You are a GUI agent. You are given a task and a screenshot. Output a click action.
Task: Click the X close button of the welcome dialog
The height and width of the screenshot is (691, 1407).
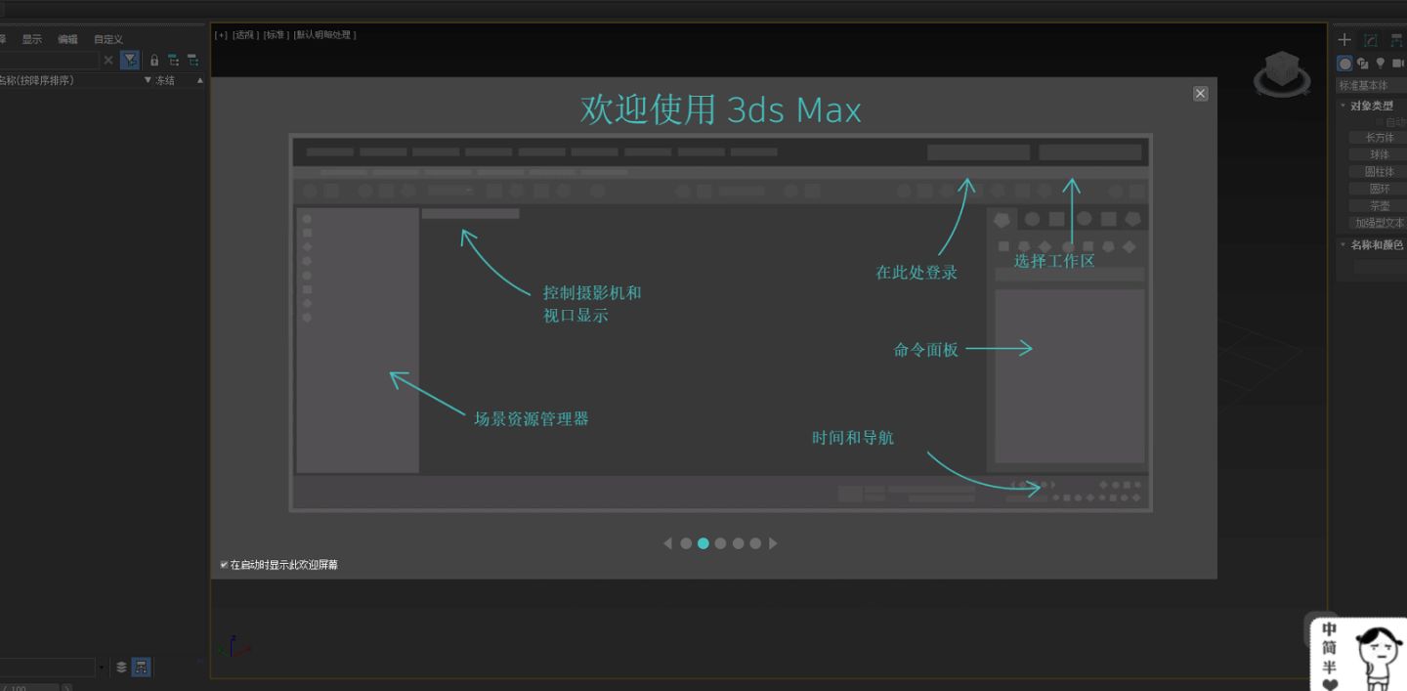tap(1200, 93)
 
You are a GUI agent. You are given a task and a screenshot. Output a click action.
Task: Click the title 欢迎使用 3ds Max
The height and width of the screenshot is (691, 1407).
tap(720, 109)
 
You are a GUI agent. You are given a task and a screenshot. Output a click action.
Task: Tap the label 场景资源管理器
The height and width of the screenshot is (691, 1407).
tap(531, 419)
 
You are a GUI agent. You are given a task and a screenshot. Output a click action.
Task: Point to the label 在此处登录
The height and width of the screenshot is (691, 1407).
tap(916, 273)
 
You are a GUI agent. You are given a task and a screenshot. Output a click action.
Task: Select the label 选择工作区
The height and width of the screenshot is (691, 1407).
tap(1053, 261)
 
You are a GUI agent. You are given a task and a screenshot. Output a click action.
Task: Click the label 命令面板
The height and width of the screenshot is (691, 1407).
tap(925, 350)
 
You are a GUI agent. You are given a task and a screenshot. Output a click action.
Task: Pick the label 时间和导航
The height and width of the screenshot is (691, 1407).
tap(852, 438)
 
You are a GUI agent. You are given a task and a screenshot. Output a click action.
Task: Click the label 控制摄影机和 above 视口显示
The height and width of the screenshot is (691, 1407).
tap(592, 292)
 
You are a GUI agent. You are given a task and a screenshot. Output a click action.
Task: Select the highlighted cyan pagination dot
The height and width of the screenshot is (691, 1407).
tap(703, 543)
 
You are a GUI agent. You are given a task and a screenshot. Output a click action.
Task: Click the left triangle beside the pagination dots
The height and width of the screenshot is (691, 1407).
tap(668, 543)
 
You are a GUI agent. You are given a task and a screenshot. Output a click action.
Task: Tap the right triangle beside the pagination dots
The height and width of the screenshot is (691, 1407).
tap(773, 543)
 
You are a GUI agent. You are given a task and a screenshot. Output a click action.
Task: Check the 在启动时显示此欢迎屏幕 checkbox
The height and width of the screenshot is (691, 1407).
tap(224, 565)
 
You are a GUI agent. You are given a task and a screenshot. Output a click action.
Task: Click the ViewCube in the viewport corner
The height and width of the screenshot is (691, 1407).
tap(1282, 73)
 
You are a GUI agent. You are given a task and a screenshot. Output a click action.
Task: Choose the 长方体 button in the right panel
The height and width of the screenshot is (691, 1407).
tap(1379, 138)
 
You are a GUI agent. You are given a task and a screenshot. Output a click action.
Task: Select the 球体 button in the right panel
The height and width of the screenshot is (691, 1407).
tap(1379, 154)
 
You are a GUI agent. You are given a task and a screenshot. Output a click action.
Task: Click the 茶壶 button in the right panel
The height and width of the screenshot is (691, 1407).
tap(1379, 206)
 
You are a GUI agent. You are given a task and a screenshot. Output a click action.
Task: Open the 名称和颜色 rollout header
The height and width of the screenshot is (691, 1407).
tap(1376, 244)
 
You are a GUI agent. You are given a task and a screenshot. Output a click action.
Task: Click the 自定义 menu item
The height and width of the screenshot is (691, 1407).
tap(107, 39)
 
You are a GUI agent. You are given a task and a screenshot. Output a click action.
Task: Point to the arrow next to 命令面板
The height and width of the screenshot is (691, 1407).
tap(999, 348)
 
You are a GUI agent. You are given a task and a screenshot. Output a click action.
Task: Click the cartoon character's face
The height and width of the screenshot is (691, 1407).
tap(1378, 645)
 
